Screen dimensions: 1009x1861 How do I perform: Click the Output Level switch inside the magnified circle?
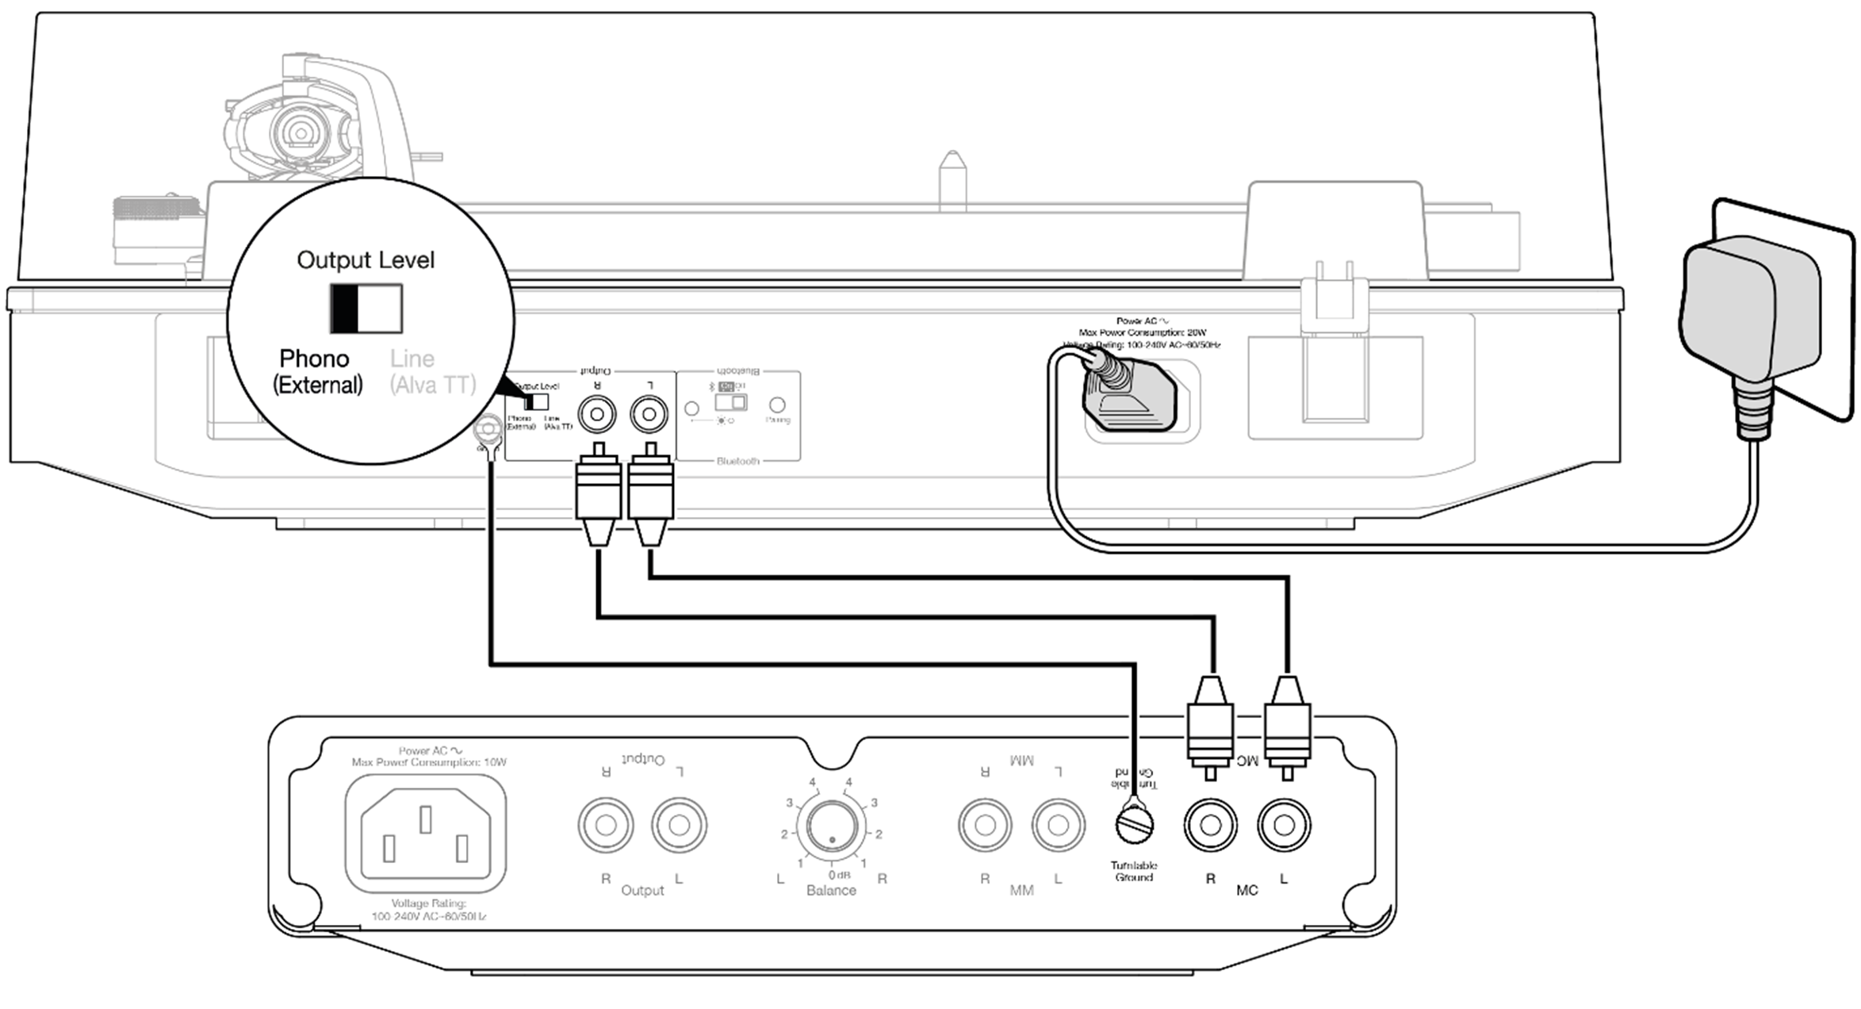tap(366, 309)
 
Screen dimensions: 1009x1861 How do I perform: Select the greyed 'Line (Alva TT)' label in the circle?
tap(432, 371)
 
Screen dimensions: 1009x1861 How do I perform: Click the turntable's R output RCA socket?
tap(597, 414)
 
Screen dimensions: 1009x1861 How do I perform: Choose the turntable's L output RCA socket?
tap(649, 414)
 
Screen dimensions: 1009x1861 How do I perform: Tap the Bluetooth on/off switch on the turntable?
tap(730, 402)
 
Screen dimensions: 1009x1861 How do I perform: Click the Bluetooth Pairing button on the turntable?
tap(777, 405)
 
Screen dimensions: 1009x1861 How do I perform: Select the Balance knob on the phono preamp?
tap(831, 826)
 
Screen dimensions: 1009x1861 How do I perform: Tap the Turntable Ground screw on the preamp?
tap(1134, 825)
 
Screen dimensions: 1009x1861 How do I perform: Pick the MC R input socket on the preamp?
tap(1210, 825)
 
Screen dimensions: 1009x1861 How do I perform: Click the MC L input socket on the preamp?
tap(1284, 825)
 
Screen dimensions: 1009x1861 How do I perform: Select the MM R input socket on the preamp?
tap(985, 826)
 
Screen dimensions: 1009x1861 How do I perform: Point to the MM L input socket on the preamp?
tap(1058, 826)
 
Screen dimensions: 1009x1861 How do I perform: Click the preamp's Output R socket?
tap(606, 826)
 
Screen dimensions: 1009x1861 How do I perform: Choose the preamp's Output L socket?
tap(679, 826)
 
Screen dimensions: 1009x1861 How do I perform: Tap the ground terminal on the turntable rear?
tap(486, 431)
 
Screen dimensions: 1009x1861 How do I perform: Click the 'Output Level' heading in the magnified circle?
tap(366, 260)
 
